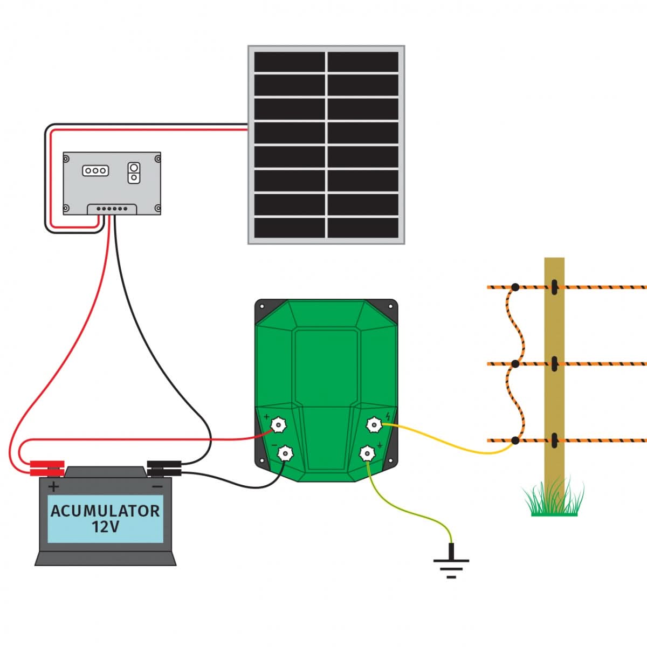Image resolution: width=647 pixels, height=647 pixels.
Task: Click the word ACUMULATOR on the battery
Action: (105, 511)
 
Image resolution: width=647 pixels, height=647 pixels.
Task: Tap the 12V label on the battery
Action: (105, 527)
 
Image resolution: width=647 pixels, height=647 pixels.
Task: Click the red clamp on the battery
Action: (47, 468)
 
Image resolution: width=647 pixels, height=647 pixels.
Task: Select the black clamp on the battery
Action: (164, 468)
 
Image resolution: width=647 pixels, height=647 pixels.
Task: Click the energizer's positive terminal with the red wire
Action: (278, 425)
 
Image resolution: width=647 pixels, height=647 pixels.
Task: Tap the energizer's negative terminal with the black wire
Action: (284, 453)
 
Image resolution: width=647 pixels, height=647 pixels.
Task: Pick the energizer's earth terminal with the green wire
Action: (367, 453)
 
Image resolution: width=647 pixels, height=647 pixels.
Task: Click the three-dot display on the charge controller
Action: (95, 170)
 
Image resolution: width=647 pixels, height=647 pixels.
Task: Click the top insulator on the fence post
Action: (554, 287)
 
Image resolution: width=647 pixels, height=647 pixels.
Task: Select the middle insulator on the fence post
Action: (554, 364)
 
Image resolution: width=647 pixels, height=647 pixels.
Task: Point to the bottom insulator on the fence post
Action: (554, 440)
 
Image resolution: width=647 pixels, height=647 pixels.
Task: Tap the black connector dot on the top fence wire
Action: (515, 287)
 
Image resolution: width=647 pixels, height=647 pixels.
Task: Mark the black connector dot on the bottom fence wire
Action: (515, 440)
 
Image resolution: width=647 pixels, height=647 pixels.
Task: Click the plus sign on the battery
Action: (54, 487)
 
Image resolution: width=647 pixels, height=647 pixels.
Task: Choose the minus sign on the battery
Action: (157, 486)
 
